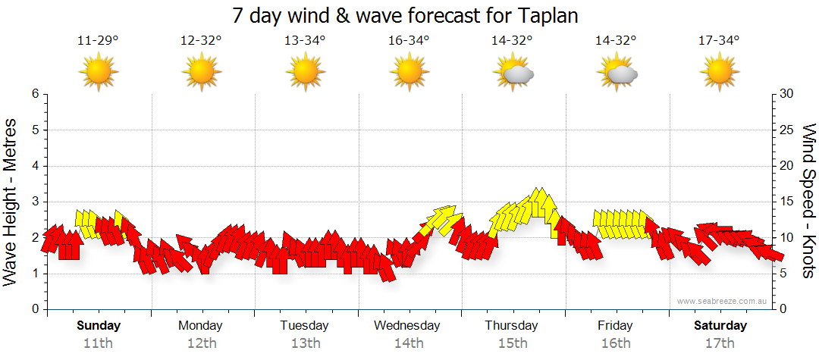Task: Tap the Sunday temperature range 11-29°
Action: (x=98, y=41)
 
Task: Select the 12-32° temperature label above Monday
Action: (x=201, y=41)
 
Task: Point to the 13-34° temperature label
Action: (x=305, y=41)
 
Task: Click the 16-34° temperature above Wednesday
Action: (x=408, y=41)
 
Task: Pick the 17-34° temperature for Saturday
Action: (x=718, y=41)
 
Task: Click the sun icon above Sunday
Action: (x=98, y=74)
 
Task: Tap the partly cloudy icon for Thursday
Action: (x=514, y=74)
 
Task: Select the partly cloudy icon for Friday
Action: (x=617, y=74)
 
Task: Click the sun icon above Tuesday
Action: (x=305, y=74)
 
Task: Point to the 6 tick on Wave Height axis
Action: (x=34, y=94)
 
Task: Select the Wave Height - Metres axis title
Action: (x=11, y=202)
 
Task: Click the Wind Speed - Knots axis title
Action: (x=808, y=202)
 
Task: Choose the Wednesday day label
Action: (x=407, y=326)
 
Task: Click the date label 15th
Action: (x=512, y=343)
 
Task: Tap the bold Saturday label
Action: (x=720, y=326)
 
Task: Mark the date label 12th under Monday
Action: (x=201, y=343)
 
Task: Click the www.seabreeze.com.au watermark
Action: (x=723, y=301)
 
